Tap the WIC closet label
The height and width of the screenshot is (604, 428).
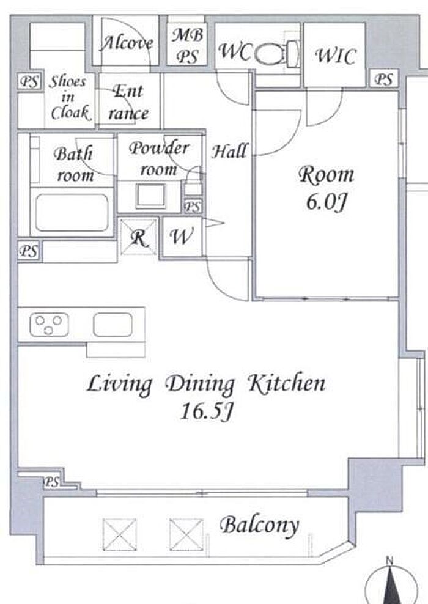point(335,56)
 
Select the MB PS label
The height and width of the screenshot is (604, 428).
point(188,45)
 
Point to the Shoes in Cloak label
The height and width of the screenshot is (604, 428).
point(68,97)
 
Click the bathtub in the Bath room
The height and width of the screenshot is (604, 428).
point(72,212)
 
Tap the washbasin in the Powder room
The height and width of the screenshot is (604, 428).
point(150,196)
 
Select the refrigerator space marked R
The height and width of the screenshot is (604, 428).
point(139,237)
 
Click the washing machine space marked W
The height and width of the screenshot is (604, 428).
point(182,237)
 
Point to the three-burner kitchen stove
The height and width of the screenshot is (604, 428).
point(50,324)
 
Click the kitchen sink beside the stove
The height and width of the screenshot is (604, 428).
point(113,325)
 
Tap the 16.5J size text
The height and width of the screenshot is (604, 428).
point(206,411)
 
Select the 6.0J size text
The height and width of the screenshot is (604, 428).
point(327,201)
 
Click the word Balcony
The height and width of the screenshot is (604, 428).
point(259,525)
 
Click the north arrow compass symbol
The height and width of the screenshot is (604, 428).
point(391,581)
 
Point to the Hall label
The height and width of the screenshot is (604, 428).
point(230,151)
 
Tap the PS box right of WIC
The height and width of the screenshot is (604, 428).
point(383,79)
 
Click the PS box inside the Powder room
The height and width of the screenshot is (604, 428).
point(192,207)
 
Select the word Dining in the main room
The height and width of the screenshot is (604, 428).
point(200,385)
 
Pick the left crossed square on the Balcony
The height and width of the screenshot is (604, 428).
point(120,535)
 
